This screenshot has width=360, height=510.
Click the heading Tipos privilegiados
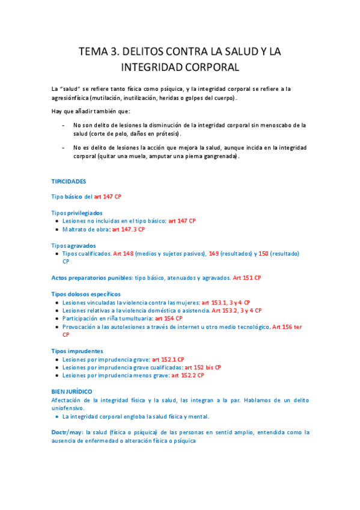click(x=77, y=213)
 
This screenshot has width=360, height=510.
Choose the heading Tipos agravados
click(x=73, y=245)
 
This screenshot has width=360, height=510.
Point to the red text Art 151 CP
click(x=247, y=278)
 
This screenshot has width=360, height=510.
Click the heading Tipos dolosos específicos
click(x=86, y=294)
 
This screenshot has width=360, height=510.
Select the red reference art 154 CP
click(x=169, y=318)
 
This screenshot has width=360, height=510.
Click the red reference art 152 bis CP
click(x=203, y=367)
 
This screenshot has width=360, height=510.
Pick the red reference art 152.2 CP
click(x=188, y=375)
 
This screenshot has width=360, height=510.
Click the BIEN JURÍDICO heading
click(x=72, y=392)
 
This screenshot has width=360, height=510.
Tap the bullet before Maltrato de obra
click(x=56, y=229)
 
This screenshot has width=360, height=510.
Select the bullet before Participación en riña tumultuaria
click(x=56, y=318)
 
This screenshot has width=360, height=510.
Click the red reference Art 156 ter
click(x=287, y=327)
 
